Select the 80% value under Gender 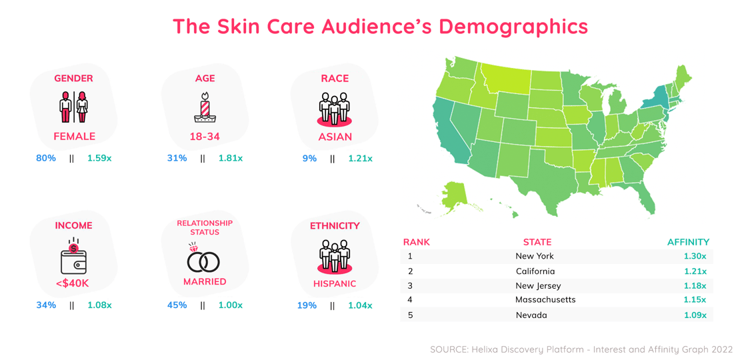click(46, 159)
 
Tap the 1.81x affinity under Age click(231, 159)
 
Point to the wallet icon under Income click(73, 259)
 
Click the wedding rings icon click(203, 259)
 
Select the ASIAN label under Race click(335, 137)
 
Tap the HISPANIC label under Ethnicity click(335, 284)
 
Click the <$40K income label click(73, 283)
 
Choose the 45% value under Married click(177, 305)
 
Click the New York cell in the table click(535, 256)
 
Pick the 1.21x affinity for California click(695, 271)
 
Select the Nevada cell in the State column click(531, 315)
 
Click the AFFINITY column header click(688, 242)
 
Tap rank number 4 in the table click(410, 300)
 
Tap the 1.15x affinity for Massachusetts click(695, 300)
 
